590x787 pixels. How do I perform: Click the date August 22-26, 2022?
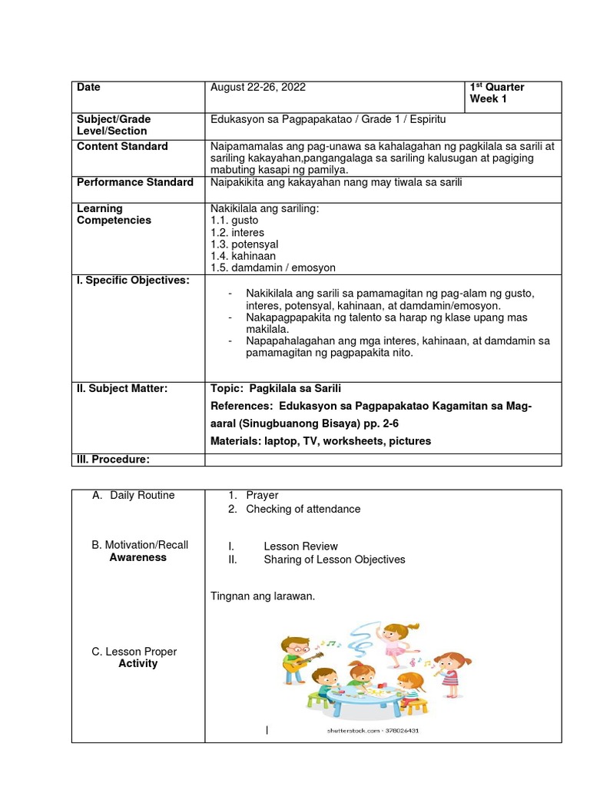coord(257,88)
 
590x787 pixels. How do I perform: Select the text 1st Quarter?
coord(497,88)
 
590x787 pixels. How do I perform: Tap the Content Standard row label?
coord(122,146)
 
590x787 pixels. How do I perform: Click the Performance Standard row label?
coord(135,182)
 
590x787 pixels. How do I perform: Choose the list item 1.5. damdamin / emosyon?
coord(273,268)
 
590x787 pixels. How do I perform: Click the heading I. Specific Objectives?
coord(132,281)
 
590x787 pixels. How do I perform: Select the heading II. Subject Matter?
coord(122,388)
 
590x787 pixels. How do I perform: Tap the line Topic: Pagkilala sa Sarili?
coord(274,388)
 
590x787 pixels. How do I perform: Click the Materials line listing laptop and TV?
coord(320,441)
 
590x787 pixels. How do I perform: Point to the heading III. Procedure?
coord(113,460)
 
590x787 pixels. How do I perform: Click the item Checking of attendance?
coord(303,509)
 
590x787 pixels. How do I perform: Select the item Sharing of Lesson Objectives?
coord(334,560)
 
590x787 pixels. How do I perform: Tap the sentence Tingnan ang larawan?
coord(263,596)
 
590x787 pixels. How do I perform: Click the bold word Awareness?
coord(138,557)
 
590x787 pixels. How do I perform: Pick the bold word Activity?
coord(138,663)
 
